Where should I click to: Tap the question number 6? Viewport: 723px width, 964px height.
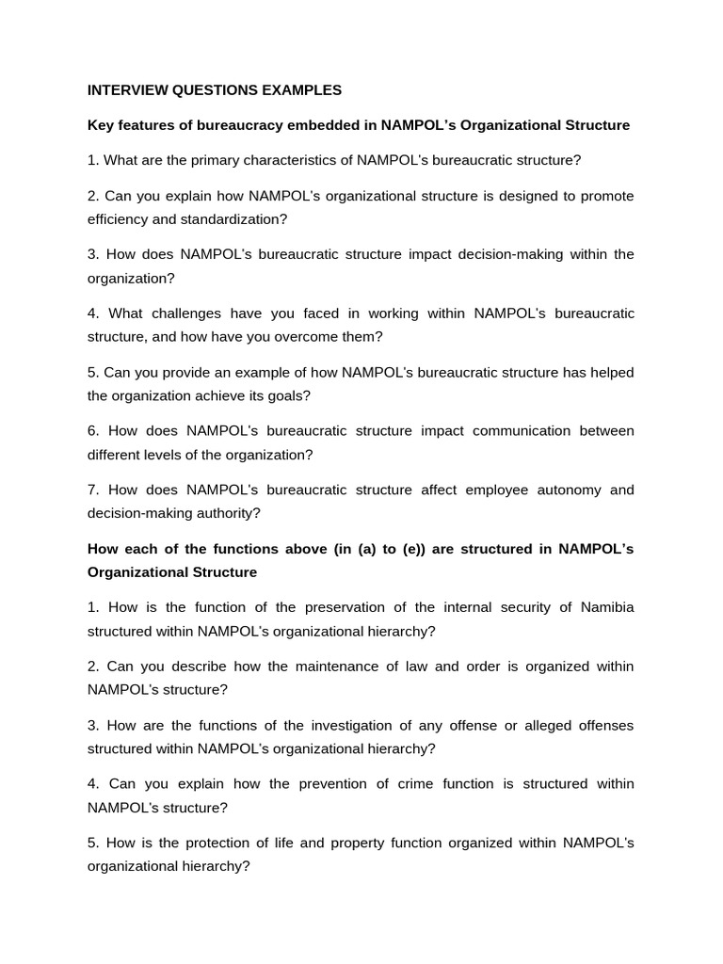pyautogui.click(x=93, y=431)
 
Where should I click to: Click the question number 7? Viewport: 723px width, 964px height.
pyautogui.click(x=93, y=490)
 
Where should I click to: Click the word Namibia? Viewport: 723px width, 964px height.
pyautogui.click(x=607, y=607)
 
